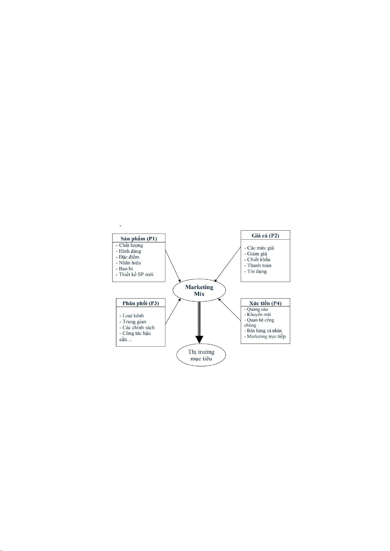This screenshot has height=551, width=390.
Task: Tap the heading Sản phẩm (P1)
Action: click(x=139, y=239)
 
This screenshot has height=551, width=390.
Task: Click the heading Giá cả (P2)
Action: click(x=265, y=236)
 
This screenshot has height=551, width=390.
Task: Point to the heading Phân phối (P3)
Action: click(x=141, y=303)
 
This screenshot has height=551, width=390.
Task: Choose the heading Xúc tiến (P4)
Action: click(x=265, y=303)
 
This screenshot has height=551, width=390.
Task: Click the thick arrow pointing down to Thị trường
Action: click(x=199, y=322)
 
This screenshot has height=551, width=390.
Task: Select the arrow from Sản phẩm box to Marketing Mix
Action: click(x=173, y=266)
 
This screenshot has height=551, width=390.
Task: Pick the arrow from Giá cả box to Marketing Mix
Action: click(x=228, y=265)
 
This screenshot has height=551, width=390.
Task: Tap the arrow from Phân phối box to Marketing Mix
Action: click(x=173, y=311)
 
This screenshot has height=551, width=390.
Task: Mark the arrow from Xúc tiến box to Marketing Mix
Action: click(x=229, y=309)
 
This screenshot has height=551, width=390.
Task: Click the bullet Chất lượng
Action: click(x=129, y=246)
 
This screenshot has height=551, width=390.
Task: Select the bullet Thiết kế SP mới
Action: click(x=134, y=274)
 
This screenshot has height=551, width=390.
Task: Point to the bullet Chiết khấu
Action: click(x=257, y=260)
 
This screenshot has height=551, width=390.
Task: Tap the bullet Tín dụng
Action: click(x=256, y=271)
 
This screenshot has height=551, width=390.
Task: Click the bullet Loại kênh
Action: click(x=131, y=316)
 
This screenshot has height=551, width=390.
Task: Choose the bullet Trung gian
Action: click(x=133, y=322)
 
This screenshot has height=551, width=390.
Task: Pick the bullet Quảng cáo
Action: click(x=256, y=309)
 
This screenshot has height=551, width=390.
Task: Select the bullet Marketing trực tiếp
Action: click(x=265, y=336)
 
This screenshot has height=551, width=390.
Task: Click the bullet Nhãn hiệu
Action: click(x=128, y=263)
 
